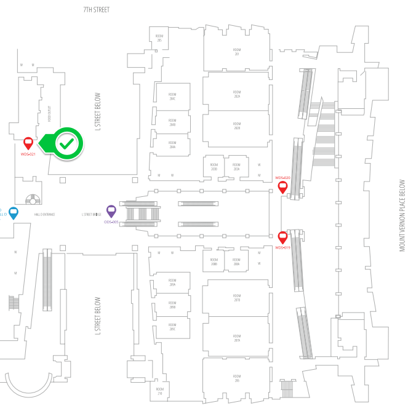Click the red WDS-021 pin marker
[x=28, y=143]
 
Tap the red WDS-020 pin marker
[x=282, y=186]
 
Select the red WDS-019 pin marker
[x=282, y=237]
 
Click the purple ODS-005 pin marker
[x=111, y=211]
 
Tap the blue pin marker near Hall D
[x=13, y=213]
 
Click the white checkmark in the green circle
[x=67, y=143]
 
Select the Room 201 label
[x=237, y=51]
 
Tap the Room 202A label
[x=237, y=95]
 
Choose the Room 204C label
[x=172, y=97]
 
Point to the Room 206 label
[x=237, y=377]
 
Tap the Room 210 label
[x=159, y=391]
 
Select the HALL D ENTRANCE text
[x=44, y=214]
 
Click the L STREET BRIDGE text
[x=91, y=214]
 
